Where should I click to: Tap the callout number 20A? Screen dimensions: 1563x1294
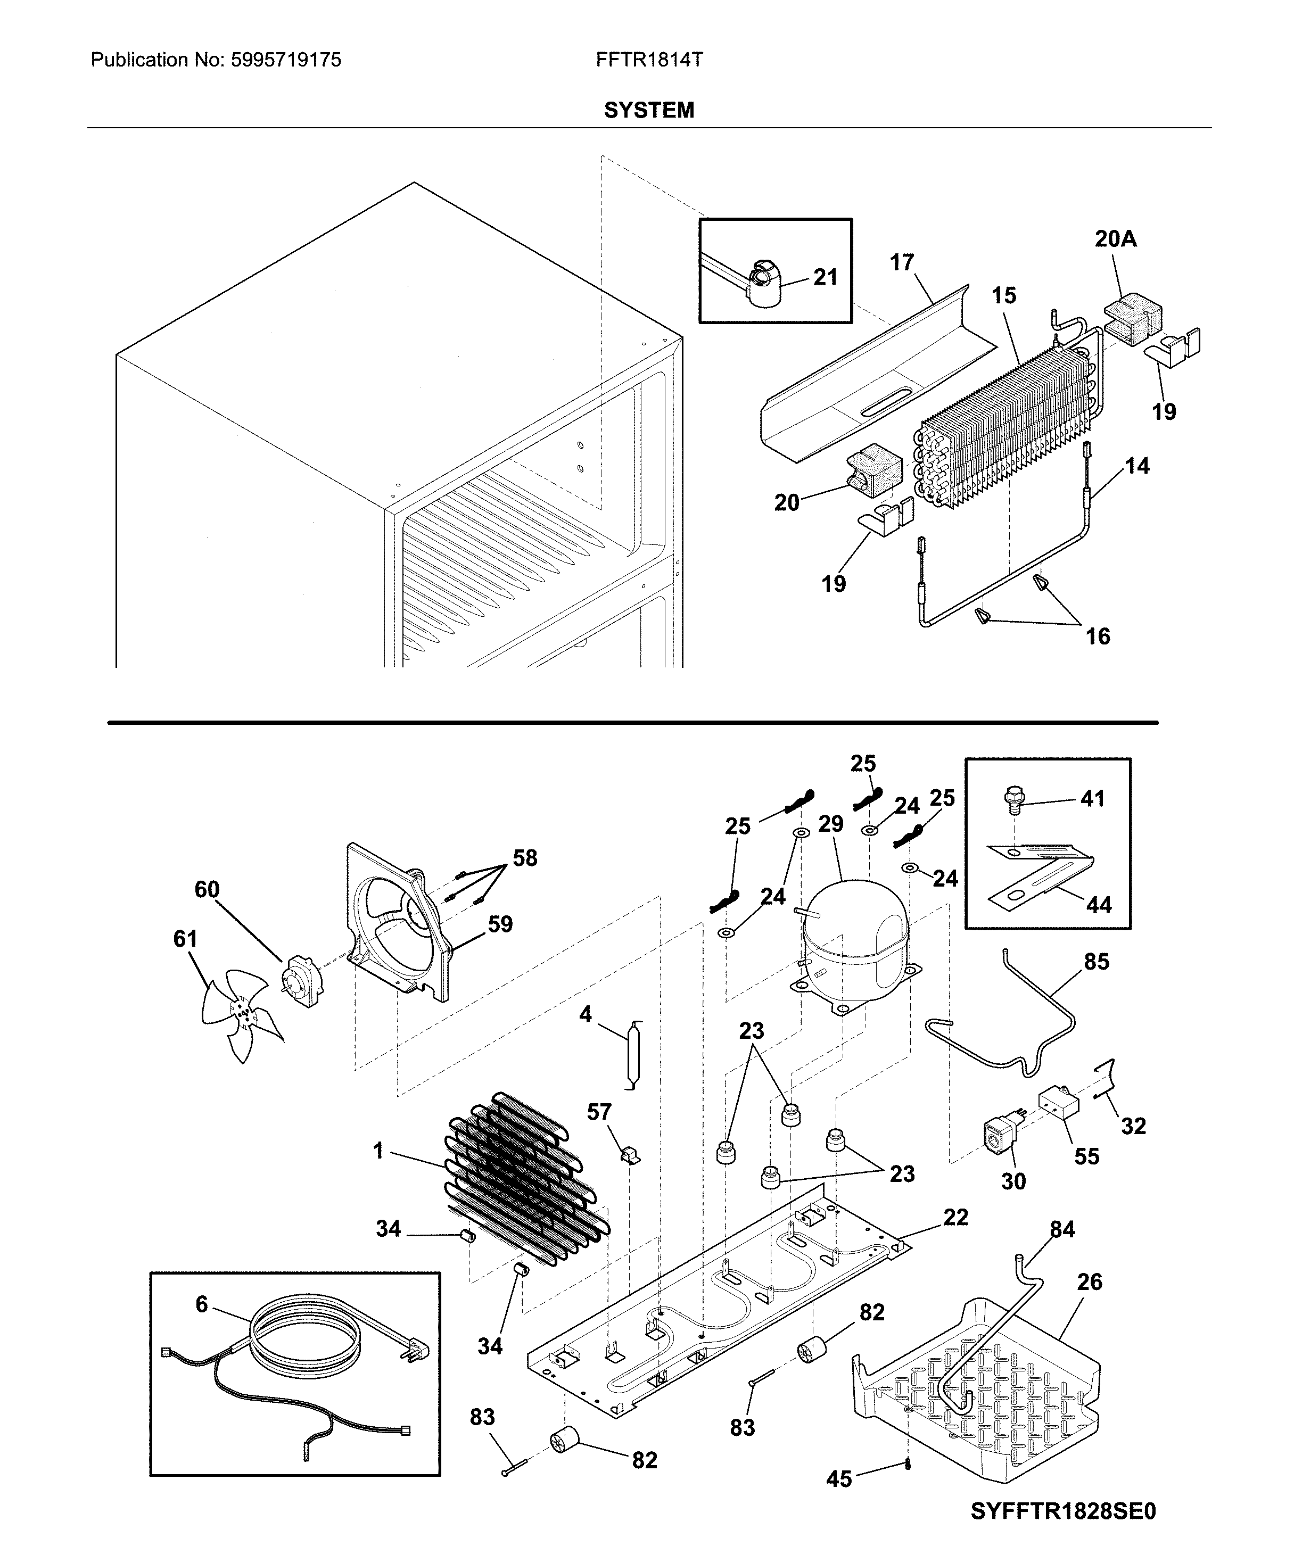point(1115,239)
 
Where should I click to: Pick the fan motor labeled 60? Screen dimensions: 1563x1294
point(302,981)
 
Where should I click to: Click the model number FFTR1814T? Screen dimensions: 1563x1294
point(648,60)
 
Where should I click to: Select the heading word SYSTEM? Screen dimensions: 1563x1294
point(648,110)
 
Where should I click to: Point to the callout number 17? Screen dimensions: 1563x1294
point(902,263)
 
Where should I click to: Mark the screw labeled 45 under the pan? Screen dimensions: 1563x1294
point(908,1465)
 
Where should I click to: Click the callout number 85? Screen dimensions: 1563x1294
point(1096,962)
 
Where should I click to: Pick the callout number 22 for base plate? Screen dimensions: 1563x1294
point(956,1217)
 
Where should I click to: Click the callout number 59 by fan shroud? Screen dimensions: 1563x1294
point(500,924)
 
